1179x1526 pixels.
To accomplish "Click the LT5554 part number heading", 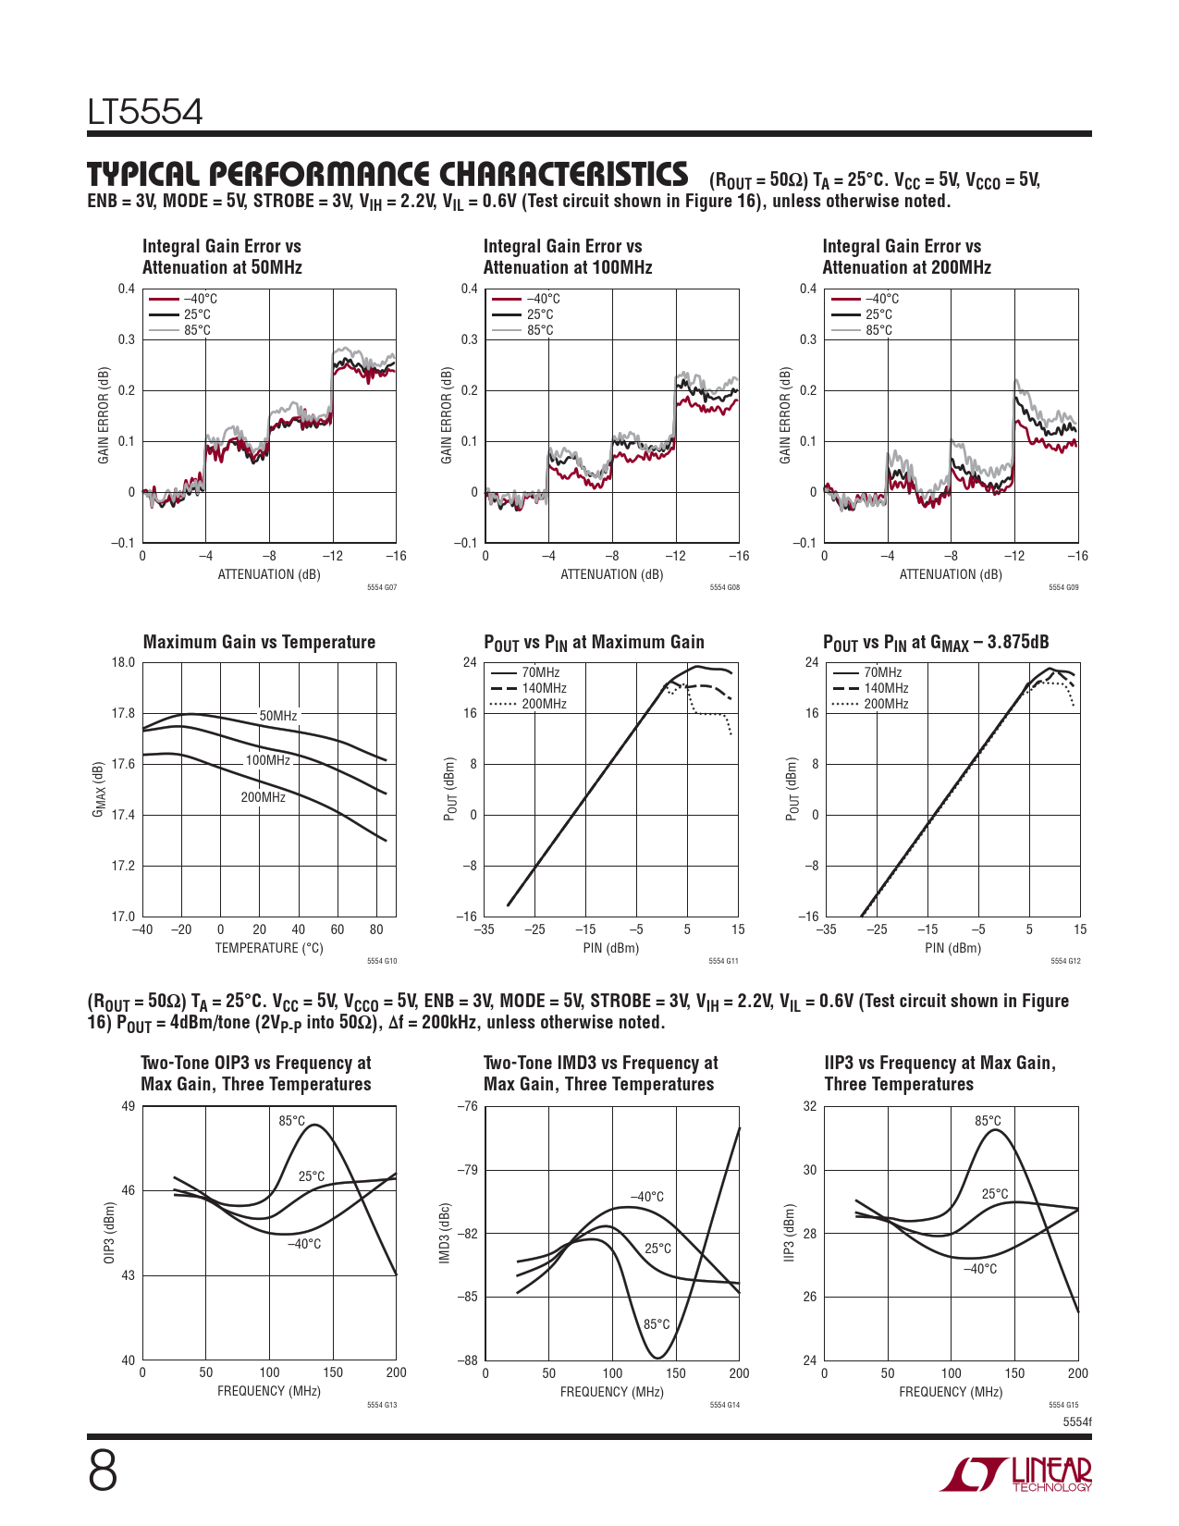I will [x=145, y=113].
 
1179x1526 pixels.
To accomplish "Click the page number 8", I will [x=103, y=1471].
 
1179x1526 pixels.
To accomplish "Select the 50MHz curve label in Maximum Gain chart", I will [x=278, y=716].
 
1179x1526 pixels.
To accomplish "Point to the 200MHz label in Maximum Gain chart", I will [x=264, y=797].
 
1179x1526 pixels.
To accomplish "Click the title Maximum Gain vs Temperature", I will [x=259, y=642].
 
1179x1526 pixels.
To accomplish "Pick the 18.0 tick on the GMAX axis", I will [x=123, y=662].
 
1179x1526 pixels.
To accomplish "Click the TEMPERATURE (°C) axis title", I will [x=269, y=948].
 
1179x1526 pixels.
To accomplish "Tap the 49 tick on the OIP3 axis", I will [x=129, y=1106].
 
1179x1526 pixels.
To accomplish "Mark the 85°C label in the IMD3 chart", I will [x=657, y=1324].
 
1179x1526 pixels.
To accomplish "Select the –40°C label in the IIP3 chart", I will [x=980, y=1269].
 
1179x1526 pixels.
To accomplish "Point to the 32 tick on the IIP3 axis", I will [x=810, y=1106].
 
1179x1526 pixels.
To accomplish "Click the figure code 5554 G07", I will [x=382, y=587].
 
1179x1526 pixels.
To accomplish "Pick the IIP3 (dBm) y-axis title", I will [x=789, y=1234].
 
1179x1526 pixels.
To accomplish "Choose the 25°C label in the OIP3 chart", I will [x=312, y=1176].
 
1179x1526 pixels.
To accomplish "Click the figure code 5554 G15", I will [x=1063, y=1405].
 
